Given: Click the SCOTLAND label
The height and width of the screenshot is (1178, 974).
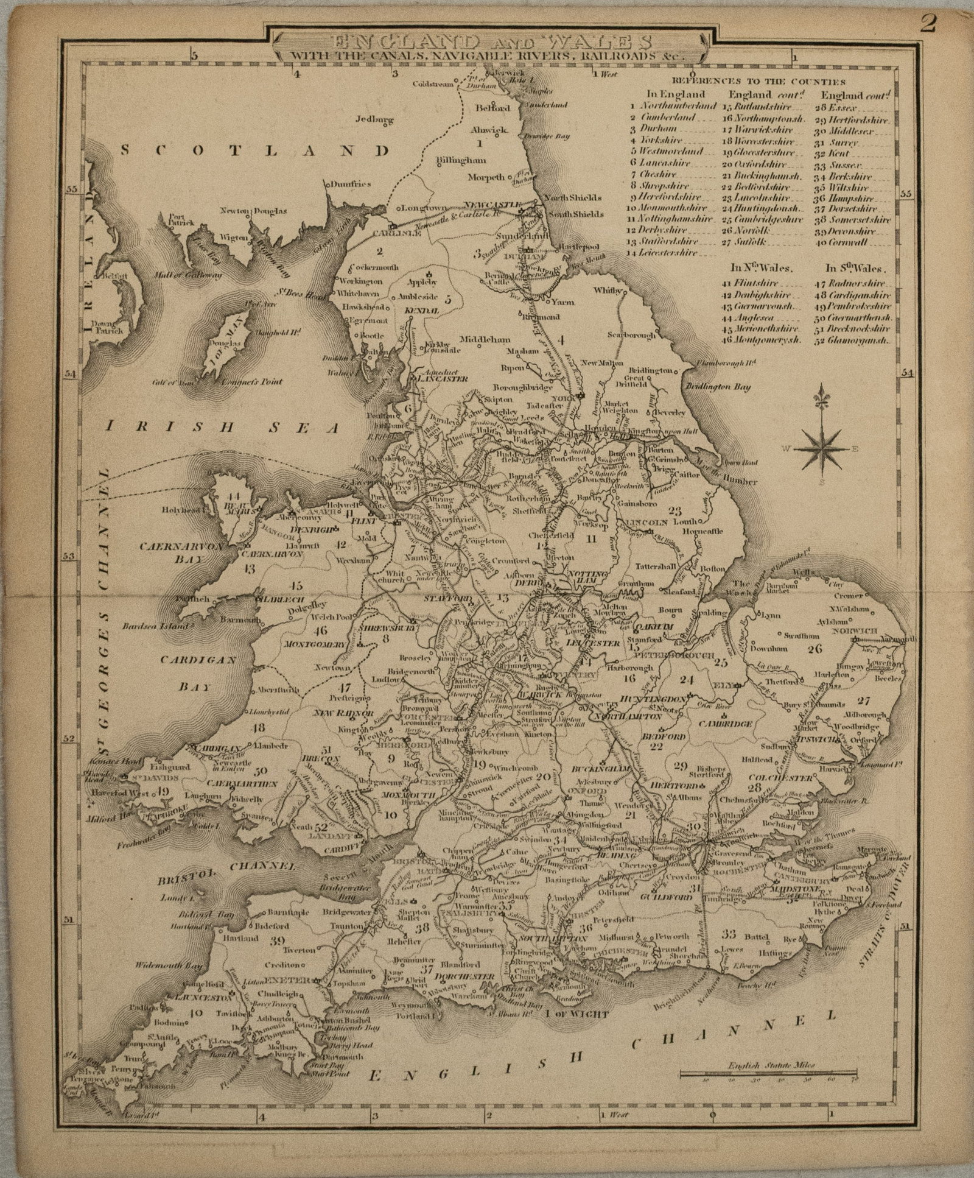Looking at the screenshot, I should tap(254, 150).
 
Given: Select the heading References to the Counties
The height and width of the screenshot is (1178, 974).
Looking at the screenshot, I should tap(759, 81).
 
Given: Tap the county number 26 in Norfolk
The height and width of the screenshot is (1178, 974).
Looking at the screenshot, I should tap(815, 648).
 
